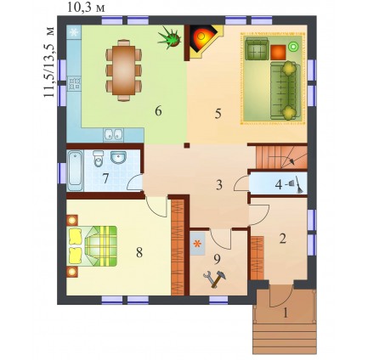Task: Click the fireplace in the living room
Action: click(203, 42)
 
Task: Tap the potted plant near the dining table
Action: click(170, 37)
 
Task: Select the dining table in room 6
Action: click(123, 70)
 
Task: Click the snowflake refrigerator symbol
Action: click(74, 32)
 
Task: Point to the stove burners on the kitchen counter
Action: click(74, 83)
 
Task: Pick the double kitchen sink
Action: click(113, 135)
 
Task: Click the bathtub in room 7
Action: click(76, 171)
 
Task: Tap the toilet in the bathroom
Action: click(99, 159)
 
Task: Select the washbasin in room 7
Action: click(118, 157)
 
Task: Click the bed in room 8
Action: click(93, 246)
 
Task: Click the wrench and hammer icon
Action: click(214, 278)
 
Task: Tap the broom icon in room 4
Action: click(297, 184)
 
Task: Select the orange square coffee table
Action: click(278, 53)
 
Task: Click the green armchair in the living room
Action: click(257, 49)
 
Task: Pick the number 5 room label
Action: click(218, 114)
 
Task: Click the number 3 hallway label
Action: click(219, 185)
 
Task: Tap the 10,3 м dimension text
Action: click(86, 8)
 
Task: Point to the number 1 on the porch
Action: click(286, 313)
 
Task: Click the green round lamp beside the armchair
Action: click(292, 46)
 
